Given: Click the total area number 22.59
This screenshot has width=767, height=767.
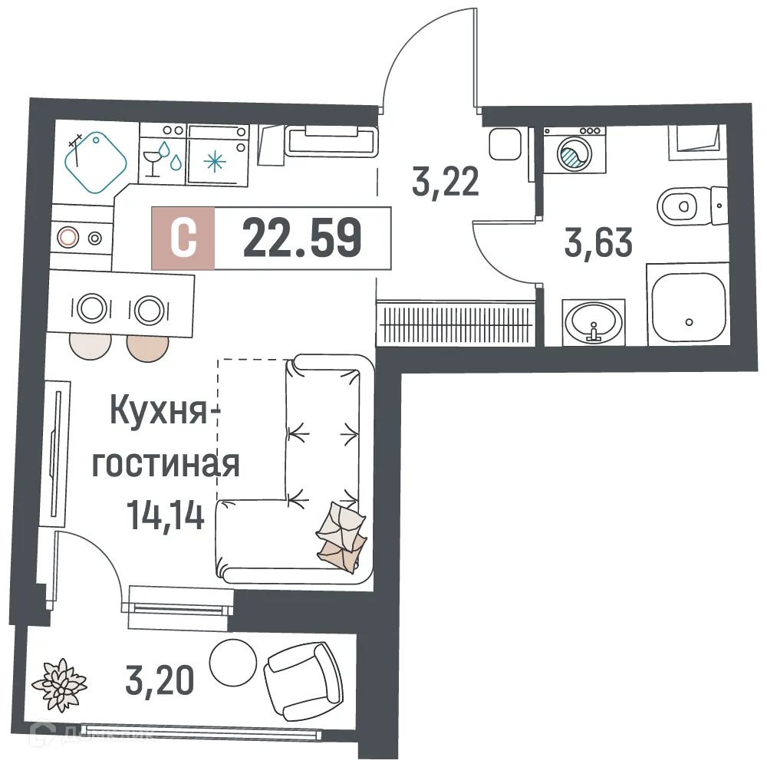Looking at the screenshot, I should pyautogui.click(x=301, y=238).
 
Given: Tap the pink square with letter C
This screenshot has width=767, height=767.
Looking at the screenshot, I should pyautogui.click(x=183, y=239).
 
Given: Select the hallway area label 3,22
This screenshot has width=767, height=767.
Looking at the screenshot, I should pyautogui.click(x=446, y=183).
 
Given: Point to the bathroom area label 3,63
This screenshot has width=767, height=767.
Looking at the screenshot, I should pyautogui.click(x=598, y=244).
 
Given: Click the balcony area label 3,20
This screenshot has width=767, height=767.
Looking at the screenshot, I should pyautogui.click(x=156, y=679).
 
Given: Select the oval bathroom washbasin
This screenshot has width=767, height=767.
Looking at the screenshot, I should pyautogui.click(x=593, y=321).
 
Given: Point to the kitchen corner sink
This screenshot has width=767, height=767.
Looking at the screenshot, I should pyautogui.click(x=95, y=161).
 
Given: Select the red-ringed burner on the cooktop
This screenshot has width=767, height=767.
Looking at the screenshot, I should pyautogui.click(x=68, y=237).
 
